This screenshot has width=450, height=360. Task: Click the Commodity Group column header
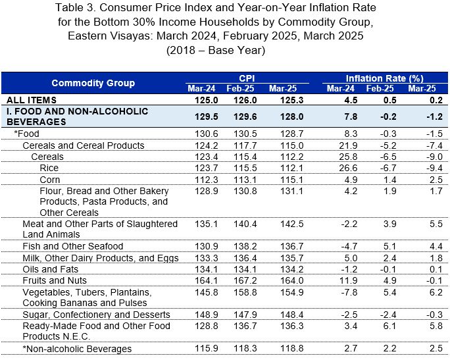pyautogui.click(x=93, y=83)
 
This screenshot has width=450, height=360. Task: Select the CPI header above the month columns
pyautogui.click(x=247, y=78)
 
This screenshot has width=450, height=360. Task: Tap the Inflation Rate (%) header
pyautogui.click(x=385, y=78)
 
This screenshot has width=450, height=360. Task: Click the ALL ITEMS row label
pyautogui.click(x=32, y=100)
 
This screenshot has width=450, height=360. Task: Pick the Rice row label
pyautogui.click(x=49, y=168)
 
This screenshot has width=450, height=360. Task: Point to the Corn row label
pyautogui.click(x=50, y=180)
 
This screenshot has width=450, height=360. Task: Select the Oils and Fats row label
pyautogui.click(x=51, y=269)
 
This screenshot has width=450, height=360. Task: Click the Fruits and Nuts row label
pyautogui.click(x=55, y=280)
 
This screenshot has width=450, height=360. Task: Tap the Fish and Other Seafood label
pyautogui.click(x=73, y=246)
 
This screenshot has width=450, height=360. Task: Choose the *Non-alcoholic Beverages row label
pyautogui.click(x=77, y=349)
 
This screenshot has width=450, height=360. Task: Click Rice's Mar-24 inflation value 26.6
pyautogui.click(x=348, y=168)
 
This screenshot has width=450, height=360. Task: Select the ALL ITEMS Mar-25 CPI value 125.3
pyautogui.click(x=292, y=100)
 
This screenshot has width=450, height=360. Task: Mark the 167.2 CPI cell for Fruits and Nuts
pyautogui.click(x=245, y=280)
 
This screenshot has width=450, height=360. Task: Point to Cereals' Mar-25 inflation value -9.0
pyautogui.click(x=434, y=157)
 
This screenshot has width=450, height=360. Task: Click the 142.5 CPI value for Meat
pyautogui.click(x=292, y=224)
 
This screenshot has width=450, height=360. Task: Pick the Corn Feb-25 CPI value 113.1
pyautogui.click(x=245, y=180)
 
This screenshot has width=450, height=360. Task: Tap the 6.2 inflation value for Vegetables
pyautogui.click(x=436, y=292)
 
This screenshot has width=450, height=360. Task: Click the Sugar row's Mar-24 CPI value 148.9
pyautogui.click(x=207, y=315)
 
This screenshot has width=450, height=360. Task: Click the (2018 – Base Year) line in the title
pyautogui.click(x=216, y=50)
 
